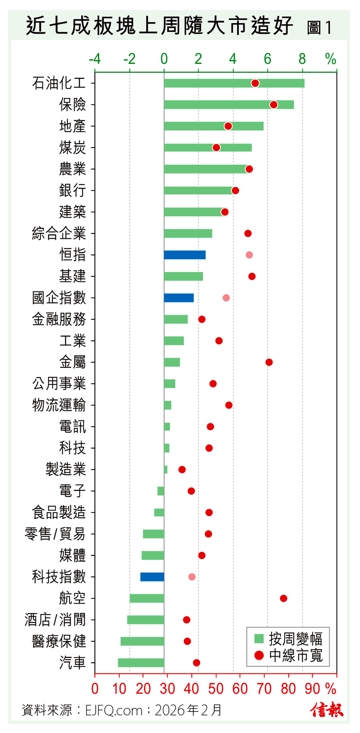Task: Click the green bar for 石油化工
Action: (234, 83)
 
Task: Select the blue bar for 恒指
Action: (185, 255)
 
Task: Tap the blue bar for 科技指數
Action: (152, 577)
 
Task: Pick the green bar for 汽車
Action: (141, 663)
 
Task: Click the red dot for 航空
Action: (283, 598)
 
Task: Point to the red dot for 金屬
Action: (269, 362)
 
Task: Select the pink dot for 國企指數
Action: (226, 298)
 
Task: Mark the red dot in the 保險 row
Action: (274, 105)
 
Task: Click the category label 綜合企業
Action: (59, 234)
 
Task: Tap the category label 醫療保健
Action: (59, 641)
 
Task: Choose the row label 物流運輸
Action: (59, 405)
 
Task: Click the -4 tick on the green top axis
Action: (95, 59)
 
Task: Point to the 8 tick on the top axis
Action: (302, 59)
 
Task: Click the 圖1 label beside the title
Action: (319, 28)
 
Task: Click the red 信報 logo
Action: (327, 710)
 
